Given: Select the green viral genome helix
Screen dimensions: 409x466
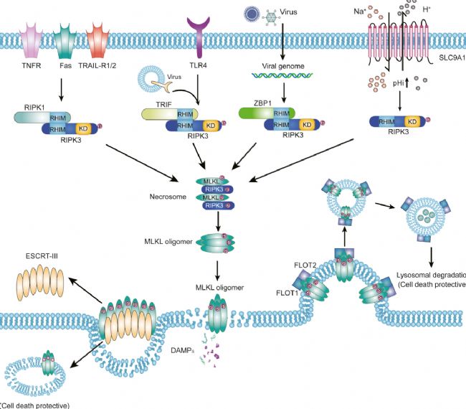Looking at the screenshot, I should pyautogui.click(x=285, y=78).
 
